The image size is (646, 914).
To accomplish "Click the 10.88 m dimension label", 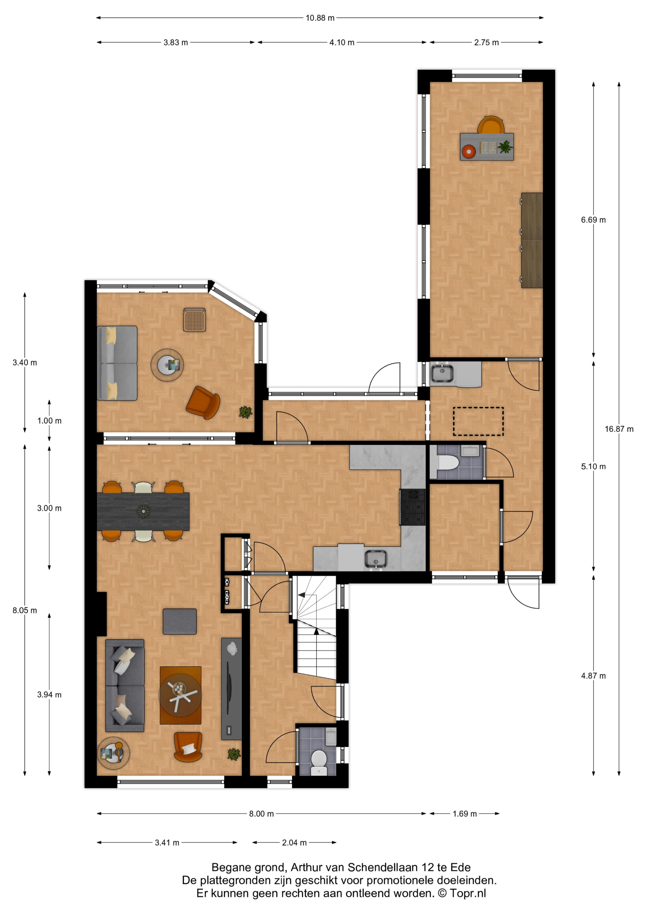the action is (320, 18).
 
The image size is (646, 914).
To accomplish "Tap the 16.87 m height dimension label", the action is (619, 429).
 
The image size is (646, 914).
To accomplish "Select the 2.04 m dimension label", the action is (294, 842).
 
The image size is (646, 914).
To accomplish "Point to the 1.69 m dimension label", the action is (464, 814).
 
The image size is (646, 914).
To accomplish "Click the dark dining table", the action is (143, 511).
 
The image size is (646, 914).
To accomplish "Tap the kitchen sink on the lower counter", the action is (376, 558).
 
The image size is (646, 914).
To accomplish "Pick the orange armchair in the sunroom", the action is (203, 402).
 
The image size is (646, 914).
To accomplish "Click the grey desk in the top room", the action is (487, 147).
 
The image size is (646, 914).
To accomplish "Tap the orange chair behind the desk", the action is (491, 125).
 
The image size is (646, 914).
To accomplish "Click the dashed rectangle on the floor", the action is (478, 421).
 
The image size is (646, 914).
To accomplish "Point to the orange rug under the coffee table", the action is (180, 695).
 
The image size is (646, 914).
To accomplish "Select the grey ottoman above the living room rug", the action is (180, 621).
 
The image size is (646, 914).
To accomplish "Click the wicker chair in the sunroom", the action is (194, 320).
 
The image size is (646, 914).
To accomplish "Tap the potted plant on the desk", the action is (505, 147).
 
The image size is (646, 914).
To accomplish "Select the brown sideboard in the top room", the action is (532, 240).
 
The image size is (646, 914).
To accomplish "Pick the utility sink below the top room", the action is (442, 373).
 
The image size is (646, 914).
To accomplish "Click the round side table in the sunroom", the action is (167, 365).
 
